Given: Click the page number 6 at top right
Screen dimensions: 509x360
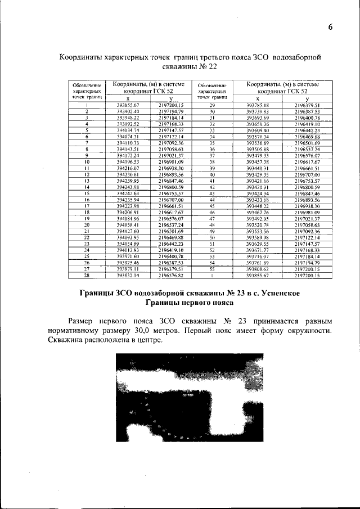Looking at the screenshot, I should click(x=330, y=27).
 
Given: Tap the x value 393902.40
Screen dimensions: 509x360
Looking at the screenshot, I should click(x=128, y=111).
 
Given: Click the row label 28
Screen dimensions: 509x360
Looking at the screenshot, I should click(x=87, y=276).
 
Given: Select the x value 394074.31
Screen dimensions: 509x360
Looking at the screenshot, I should click(x=128, y=136).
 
